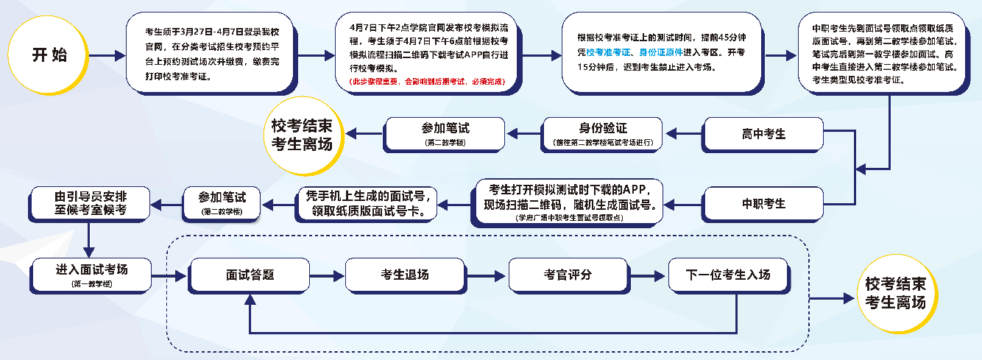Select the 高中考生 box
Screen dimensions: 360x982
[763, 134]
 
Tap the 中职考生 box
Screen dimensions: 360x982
[763, 203]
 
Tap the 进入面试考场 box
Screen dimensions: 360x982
[91, 274]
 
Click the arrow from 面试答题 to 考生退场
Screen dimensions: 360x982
[328, 275]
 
